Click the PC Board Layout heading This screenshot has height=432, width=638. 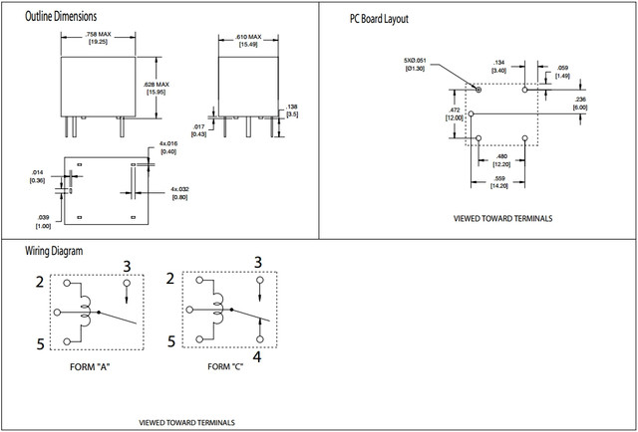378,19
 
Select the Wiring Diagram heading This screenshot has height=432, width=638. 54,250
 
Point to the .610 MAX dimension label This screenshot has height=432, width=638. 236,39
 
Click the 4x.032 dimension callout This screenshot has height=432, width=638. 180,192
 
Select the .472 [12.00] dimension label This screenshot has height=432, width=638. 454,112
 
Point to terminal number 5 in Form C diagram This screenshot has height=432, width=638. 171,340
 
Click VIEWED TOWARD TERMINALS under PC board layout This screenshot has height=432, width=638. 502,218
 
